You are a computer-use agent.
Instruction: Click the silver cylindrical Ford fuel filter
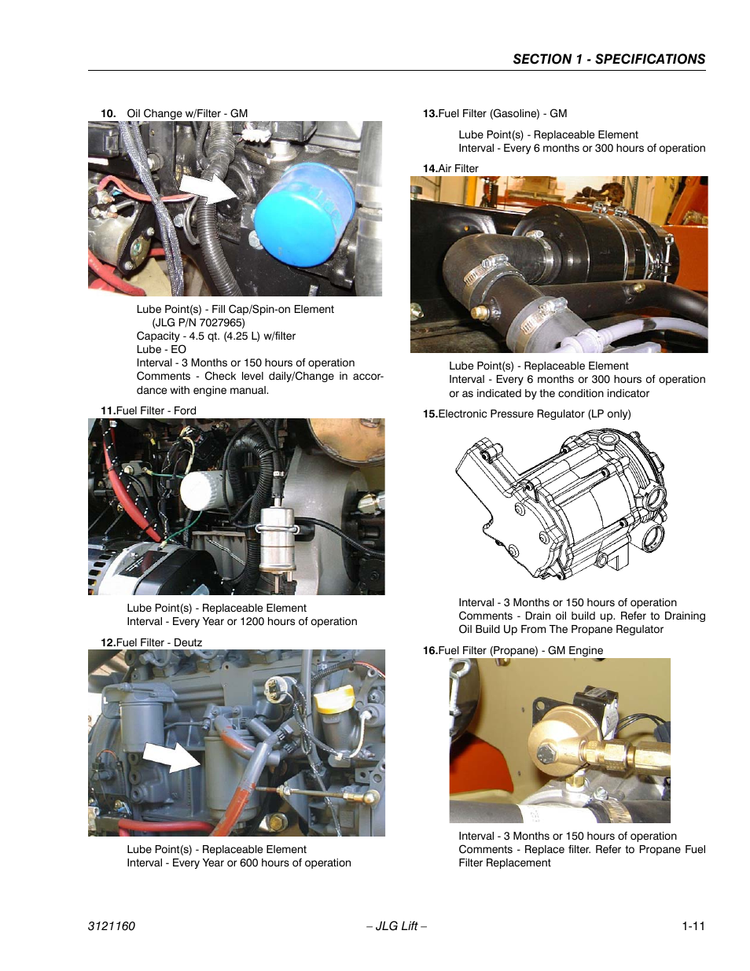tap(278, 539)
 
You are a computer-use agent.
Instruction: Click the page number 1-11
tap(693, 926)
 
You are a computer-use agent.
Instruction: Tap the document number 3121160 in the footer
tap(111, 926)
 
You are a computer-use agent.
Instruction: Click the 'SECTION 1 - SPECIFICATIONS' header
tap(608, 59)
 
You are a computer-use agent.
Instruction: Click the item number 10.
tap(108, 113)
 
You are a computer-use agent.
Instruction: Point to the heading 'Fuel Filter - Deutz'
tap(159, 642)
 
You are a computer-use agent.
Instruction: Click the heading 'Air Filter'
tap(458, 168)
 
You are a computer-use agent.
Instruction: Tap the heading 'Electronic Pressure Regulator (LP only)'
tap(535, 414)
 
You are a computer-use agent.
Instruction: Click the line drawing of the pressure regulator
tap(561, 504)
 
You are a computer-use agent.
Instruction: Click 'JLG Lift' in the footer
tap(397, 926)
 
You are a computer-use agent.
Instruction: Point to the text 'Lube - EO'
tap(161, 349)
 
